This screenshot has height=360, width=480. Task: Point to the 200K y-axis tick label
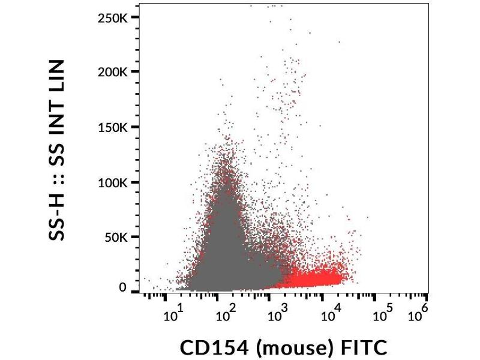[112, 72]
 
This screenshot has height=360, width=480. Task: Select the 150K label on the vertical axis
[112, 127]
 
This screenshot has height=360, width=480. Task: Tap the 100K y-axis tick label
[112, 182]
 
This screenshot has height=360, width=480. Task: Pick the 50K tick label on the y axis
[115, 238]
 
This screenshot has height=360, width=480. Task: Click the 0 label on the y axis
[123, 288]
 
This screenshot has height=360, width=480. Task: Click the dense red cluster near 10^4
[321, 278]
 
